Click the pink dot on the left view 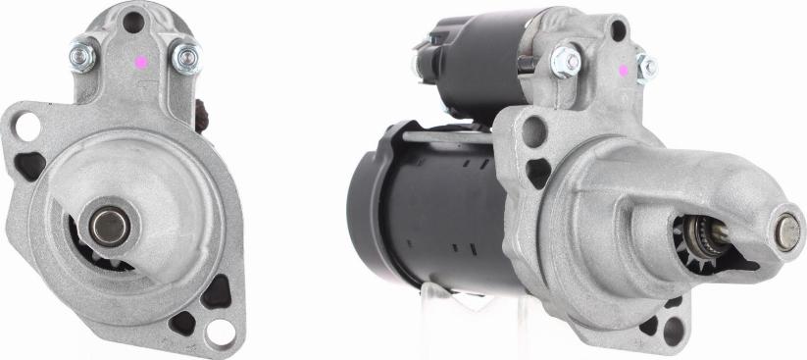click(142, 61)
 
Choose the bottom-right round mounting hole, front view click(223, 331)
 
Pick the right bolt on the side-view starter click(646, 66)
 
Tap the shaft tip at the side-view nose click(788, 231)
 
